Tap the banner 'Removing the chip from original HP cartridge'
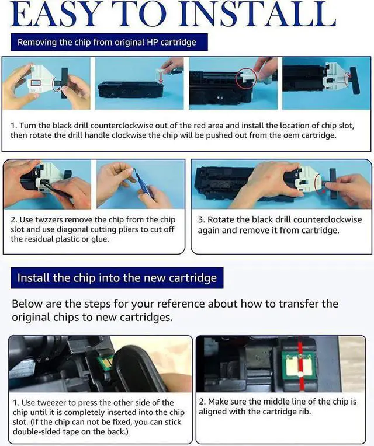click(109, 43)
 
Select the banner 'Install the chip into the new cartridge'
click(117, 278)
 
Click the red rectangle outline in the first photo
click(35, 83)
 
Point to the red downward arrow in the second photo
click(161, 78)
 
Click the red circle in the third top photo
click(246, 78)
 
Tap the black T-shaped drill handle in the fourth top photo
click(355, 81)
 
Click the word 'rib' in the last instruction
click(305, 412)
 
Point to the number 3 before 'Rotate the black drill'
click(201, 220)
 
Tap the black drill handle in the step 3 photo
click(331, 183)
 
